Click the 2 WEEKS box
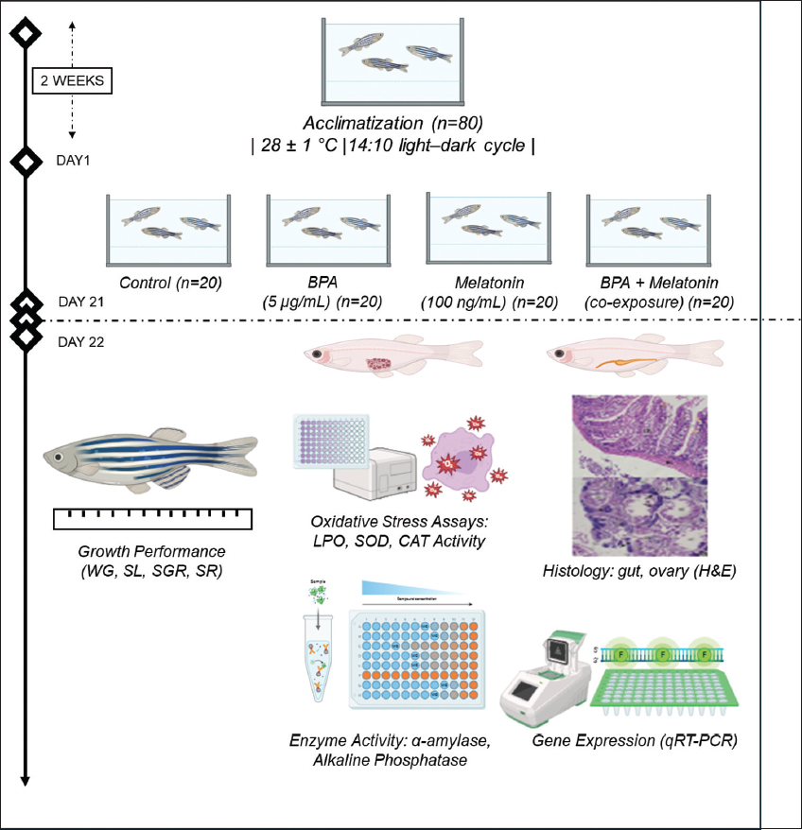tap(73, 81)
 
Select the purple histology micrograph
tap(638, 475)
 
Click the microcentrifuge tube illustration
tap(322, 661)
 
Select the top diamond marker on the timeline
tap(26, 34)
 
